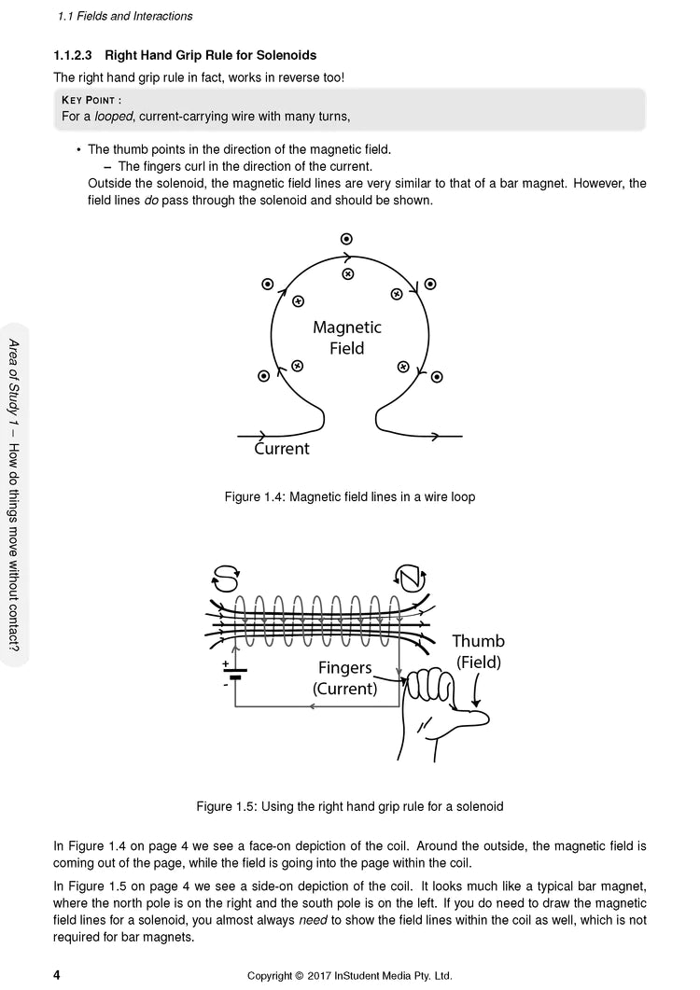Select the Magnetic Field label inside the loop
(x=346, y=338)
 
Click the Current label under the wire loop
(x=282, y=449)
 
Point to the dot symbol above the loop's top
(x=347, y=239)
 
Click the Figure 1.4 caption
(x=350, y=497)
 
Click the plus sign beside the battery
(x=225, y=664)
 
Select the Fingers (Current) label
(x=345, y=678)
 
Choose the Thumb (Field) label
(x=478, y=651)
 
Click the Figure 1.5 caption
(x=350, y=805)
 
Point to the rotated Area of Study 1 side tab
(x=16, y=494)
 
